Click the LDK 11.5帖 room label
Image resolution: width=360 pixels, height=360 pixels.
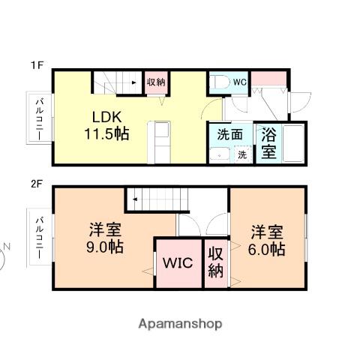106,126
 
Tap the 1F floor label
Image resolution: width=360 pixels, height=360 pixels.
37,65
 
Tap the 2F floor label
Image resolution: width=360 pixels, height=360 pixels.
37,184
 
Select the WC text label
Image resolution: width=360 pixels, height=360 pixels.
240,82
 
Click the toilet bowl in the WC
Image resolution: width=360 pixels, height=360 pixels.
220,82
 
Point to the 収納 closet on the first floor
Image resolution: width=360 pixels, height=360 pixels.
156,82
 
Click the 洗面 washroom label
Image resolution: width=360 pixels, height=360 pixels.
229,135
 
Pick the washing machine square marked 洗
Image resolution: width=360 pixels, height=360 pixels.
242,155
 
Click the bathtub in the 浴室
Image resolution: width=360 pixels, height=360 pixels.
293,144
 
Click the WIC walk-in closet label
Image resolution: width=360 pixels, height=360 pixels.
178,263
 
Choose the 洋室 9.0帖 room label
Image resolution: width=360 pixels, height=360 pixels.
105,238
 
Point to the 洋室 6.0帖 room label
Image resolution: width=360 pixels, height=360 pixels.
267,241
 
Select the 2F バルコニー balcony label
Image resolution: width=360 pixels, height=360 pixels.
40,238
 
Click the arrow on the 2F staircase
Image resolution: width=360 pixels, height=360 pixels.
135,199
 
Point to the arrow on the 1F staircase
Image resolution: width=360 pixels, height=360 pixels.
133,82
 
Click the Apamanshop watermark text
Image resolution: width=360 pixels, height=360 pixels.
180,324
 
